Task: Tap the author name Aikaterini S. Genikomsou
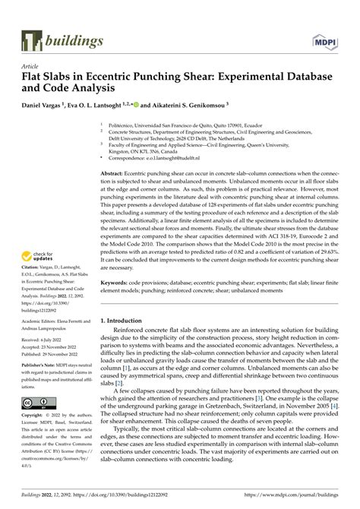click(191, 104)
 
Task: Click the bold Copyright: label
click(36, 438)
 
